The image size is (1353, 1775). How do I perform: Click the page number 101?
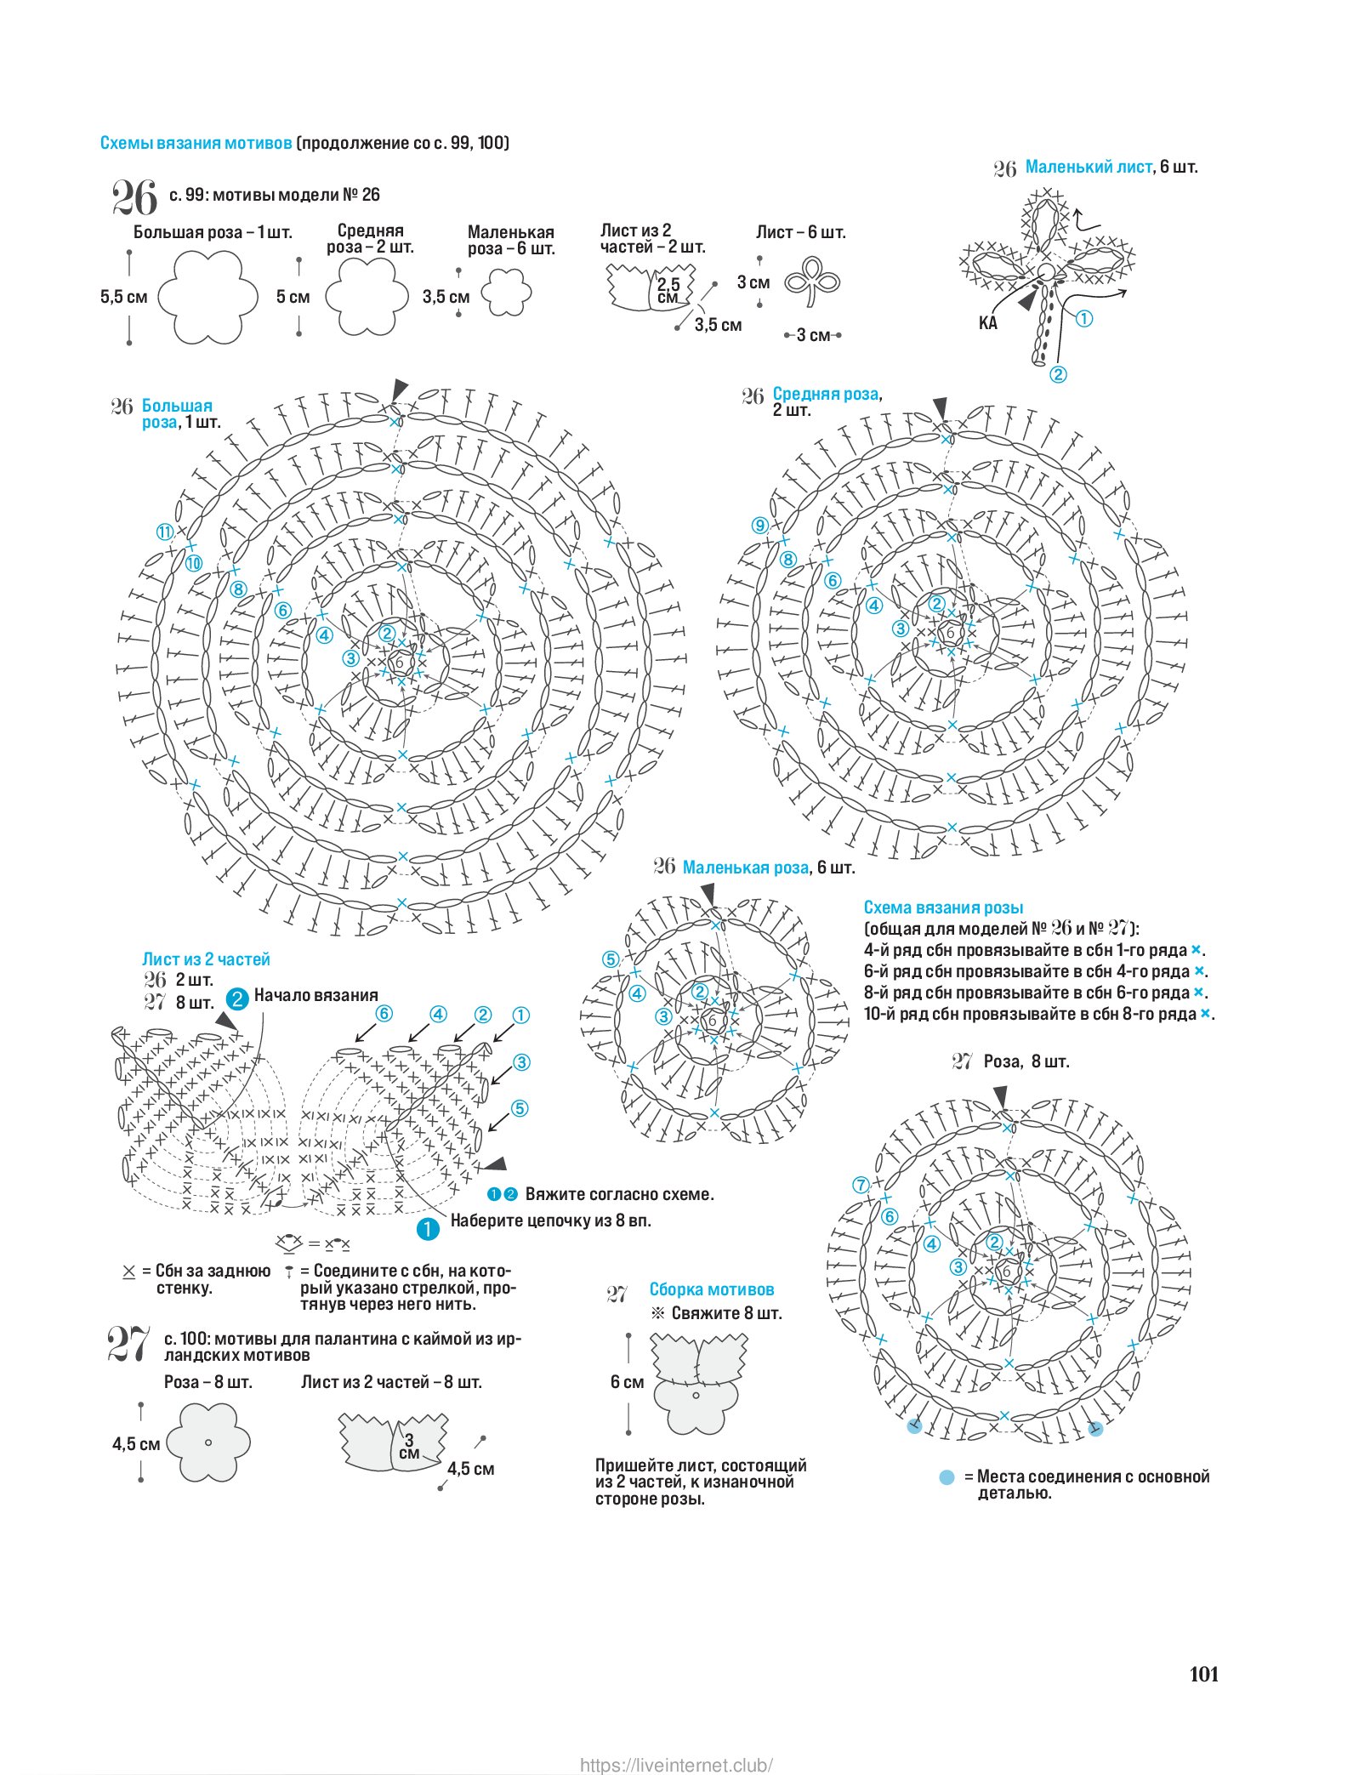tap(1203, 1674)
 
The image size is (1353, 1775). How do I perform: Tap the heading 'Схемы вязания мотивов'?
tap(196, 143)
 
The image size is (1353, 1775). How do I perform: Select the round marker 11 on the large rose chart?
tap(164, 532)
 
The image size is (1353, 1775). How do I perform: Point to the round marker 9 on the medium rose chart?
tap(759, 526)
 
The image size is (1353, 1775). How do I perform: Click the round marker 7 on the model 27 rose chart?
tap(861, 1185)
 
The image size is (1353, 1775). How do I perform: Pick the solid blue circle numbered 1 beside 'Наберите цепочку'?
tap(427, 1228)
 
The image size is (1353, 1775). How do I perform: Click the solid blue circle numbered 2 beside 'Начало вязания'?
tap(237, 998)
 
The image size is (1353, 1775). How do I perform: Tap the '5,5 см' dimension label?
tap(123, 297)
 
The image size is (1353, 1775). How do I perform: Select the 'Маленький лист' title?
tap(1088, 167)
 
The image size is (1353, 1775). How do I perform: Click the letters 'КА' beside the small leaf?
tap(987, 323)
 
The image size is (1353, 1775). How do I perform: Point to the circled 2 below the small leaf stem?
tap(1058, 374)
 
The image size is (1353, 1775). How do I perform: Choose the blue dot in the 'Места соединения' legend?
tap(947, 1477)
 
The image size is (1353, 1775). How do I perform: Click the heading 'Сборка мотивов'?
tap(712, 1289)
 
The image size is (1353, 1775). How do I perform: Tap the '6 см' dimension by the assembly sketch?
tap(627, 1382)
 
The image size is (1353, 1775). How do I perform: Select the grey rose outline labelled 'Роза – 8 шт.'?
tap(208, 1442)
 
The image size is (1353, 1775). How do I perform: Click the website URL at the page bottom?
tap(676, 1765)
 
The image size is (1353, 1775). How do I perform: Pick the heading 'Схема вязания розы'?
tap(943, 907)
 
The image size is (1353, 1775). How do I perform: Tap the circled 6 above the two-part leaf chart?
tap(384, 1013)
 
